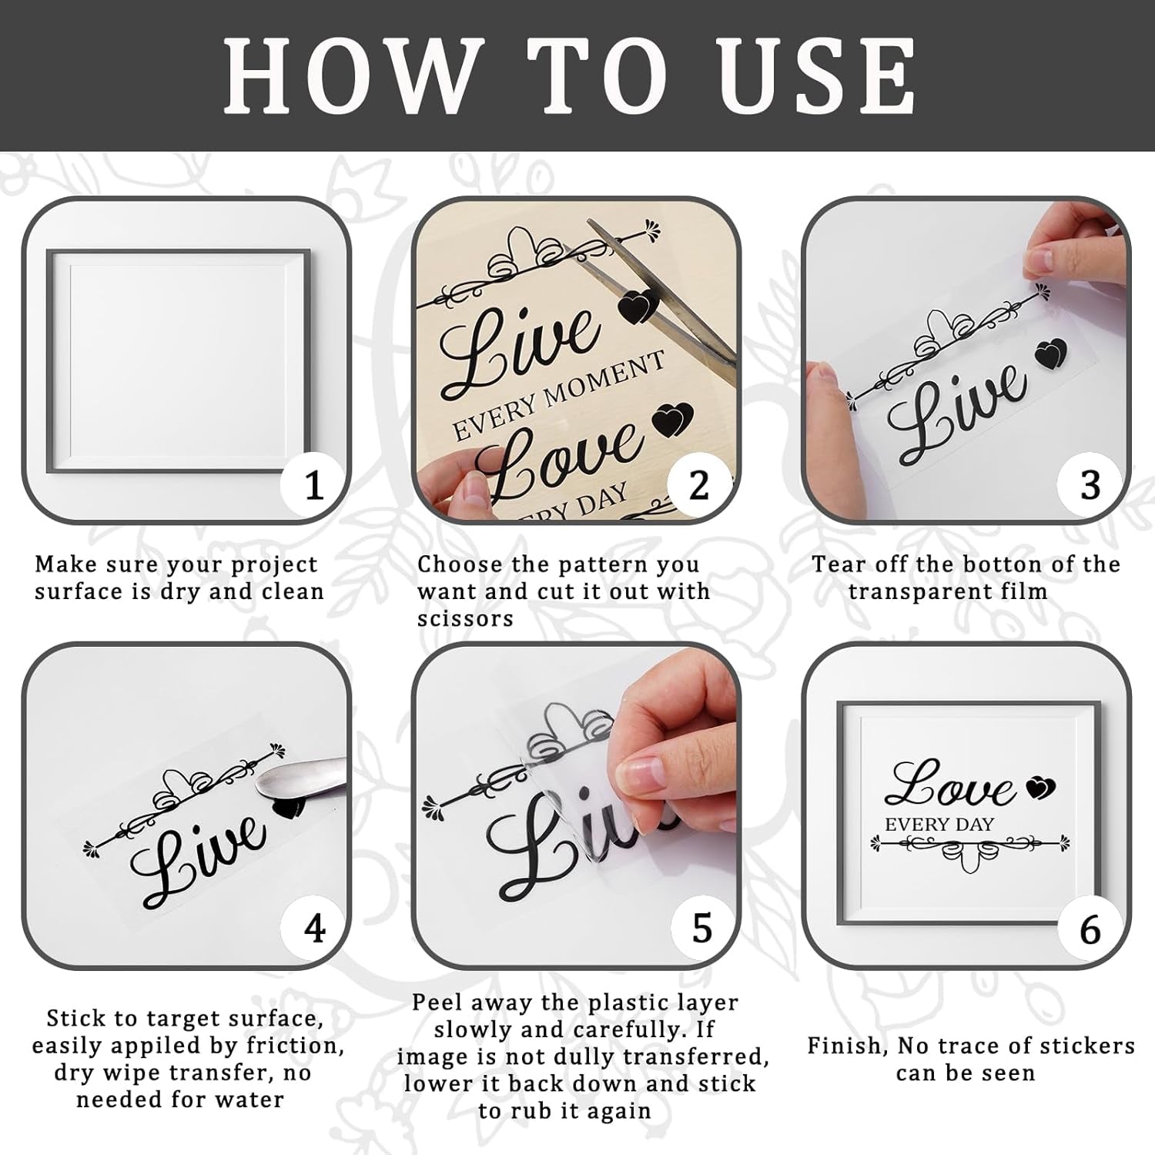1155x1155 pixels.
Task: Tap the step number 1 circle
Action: pos(313,486)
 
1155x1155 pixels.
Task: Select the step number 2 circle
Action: pos(699,486)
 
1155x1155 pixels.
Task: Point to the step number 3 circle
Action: pos(1090,486)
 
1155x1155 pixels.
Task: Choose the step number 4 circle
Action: pos(314,929)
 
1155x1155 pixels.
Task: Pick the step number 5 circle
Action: pos(702,929)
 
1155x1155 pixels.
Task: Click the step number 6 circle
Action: pos(1090,929)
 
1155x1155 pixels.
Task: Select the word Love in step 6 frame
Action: pos(951,785)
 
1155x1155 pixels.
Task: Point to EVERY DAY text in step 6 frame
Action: pos(939,825)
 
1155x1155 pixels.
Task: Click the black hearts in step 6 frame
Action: pos(1039,786)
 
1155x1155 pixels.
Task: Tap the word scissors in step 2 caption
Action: pos(465,619)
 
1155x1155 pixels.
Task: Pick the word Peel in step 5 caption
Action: pos(438,1003)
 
